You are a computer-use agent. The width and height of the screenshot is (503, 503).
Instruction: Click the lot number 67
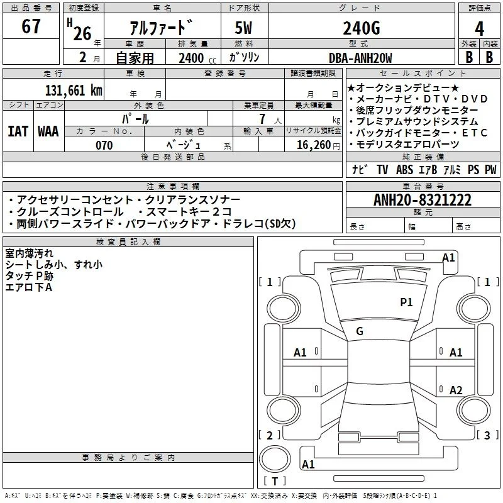[x=31, y=26]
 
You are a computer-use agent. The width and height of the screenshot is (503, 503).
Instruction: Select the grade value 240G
[x=362, y=28]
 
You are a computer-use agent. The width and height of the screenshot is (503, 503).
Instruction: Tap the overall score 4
[x=479, y=29]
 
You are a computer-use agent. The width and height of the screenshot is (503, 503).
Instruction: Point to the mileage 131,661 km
[x=74, y=91]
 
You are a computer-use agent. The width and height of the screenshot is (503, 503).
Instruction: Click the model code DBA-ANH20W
[x=360, y=58]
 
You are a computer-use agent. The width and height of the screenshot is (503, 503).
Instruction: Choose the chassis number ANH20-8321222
[x=423, y=200]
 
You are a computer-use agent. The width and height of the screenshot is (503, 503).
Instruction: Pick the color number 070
[x=104, y=145]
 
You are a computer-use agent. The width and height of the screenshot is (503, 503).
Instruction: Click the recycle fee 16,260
[x=314, y=145]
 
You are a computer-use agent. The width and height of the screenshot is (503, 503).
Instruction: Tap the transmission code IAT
[x=18, y=131]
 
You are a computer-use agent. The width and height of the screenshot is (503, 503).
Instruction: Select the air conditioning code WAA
[x=48, y=131]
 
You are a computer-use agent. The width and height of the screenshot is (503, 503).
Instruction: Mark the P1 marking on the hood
[x=406, y=302]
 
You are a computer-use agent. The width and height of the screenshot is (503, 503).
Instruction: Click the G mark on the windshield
[x=360, y=331]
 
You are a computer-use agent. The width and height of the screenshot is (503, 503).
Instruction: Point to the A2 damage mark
[x=456, y=390]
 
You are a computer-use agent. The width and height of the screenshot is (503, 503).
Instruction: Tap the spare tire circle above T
[x=275, y=459]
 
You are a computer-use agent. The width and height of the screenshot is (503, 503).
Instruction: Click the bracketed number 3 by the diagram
[x=487, y=435]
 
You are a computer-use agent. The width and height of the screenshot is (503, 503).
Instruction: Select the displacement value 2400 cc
[x=197, y=58]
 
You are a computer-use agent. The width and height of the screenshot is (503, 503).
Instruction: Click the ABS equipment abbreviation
[x=404, y=170]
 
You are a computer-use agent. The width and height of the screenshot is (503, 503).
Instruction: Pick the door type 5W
[x=243, y=28]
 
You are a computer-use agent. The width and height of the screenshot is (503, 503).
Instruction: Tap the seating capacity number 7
[x=263, y=119]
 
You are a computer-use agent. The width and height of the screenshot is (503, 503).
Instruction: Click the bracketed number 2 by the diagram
[x=270, y=435]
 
